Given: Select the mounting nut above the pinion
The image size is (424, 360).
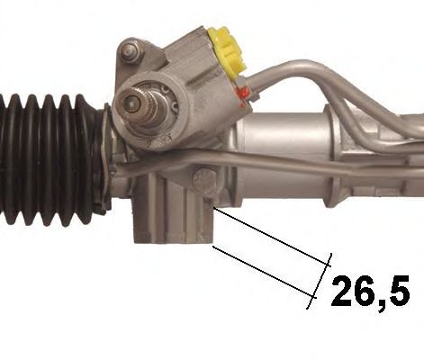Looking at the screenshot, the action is (130, 53).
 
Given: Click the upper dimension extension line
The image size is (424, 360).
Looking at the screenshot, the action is (271, 237).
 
